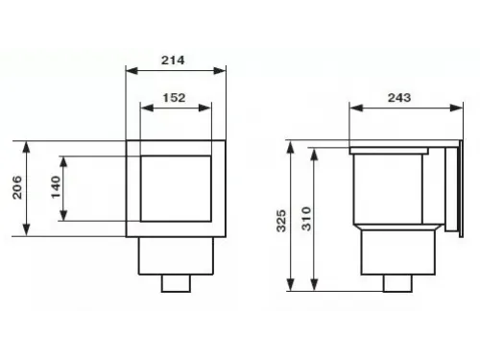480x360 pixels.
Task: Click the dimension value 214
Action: tap(173, 60)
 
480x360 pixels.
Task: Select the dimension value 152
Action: tap(174, 98)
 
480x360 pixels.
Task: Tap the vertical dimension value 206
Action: tap(17, 187)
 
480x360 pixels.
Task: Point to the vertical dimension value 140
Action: tap(56, 187)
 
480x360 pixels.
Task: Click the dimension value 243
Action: tap(399, 98)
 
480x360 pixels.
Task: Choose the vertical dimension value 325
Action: tap(281, 221)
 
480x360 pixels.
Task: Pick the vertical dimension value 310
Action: tap(306, 219)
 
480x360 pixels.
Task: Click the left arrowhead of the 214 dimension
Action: tap(132, 71)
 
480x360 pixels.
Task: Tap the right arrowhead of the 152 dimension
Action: tap(204, 108)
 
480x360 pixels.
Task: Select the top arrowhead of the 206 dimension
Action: tap(26, 147)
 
